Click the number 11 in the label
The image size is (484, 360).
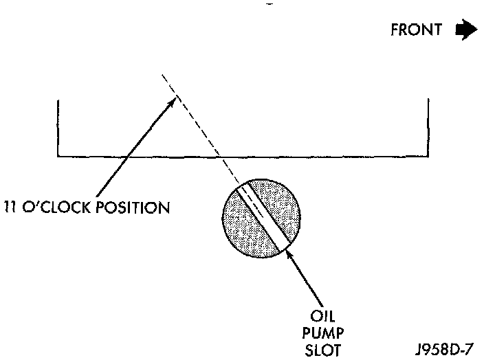12,207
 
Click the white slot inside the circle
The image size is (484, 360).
263,216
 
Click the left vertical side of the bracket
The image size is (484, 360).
58,128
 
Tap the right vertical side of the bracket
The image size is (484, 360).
429,128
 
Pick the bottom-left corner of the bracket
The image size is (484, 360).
58,157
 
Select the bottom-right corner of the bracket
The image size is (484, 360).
429,157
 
